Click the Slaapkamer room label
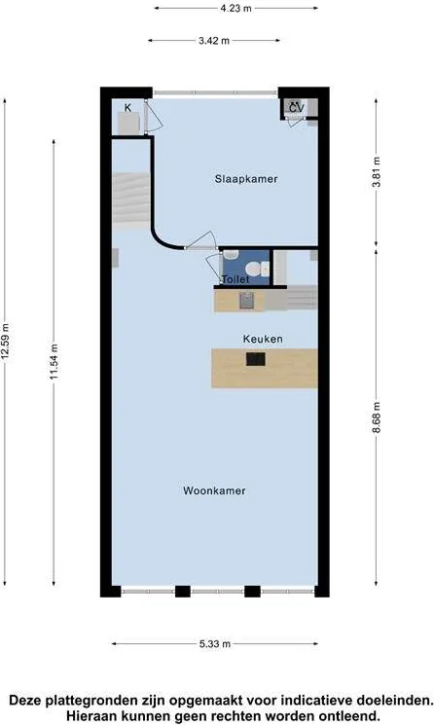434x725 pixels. [x=246, y=179]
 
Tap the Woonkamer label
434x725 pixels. [x=214, y=490]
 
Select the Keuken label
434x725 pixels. [x=263, y=339]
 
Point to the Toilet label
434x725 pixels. [x=235, y=279]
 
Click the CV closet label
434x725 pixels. [x=296, y=107]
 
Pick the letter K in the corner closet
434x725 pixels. [x=127, y=107]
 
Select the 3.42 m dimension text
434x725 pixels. [x=213, y=41]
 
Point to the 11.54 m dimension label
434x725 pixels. [x=55, y=362]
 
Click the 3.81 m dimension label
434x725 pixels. [x=377, y=172]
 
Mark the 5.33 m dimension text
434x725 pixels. [x=214, y=643]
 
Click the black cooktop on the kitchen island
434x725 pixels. [x=257, y=359]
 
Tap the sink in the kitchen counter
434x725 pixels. [x=246, y=300]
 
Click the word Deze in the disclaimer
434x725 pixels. [x=30, y=700]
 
